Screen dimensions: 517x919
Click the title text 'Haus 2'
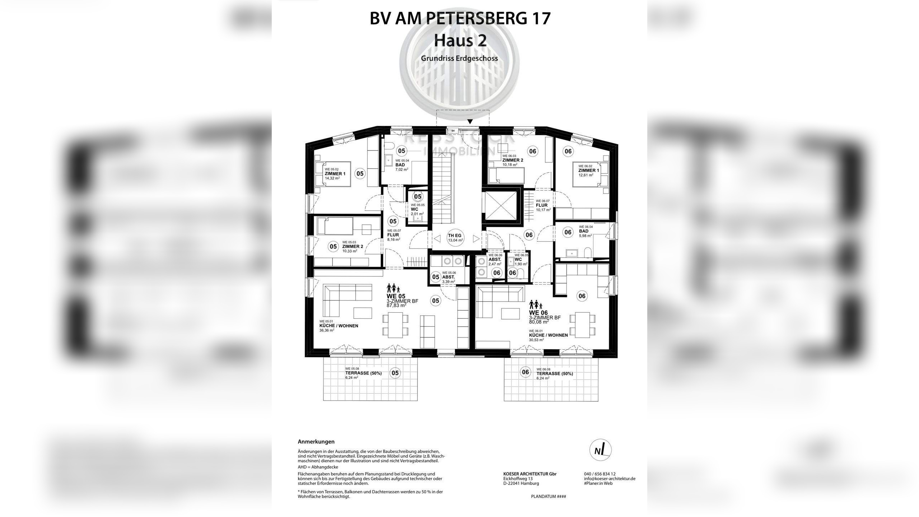[x=460, y=40]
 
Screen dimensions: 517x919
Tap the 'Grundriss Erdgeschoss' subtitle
[x=459, y=58]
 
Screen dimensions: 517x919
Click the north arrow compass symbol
[x=601, y=450]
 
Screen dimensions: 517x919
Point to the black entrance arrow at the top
[x=470, y=122]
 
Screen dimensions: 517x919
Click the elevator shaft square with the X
[x=500, y=206]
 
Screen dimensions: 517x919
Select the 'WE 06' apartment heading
[x=538, y=313]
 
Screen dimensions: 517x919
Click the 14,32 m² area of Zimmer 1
[x=81, y=178]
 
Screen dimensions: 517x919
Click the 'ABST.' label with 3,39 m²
[x=448, y=277]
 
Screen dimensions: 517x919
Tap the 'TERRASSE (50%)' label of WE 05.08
[x=363, y=373]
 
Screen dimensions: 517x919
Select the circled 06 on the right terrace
[x=525, y=372]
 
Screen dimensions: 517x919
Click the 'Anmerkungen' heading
[x=316, y=442]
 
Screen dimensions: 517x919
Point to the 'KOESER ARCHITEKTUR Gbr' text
[x=530, y=474]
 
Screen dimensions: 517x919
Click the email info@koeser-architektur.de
[x=610, y=479]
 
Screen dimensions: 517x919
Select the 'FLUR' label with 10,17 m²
[x=541, y=205]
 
